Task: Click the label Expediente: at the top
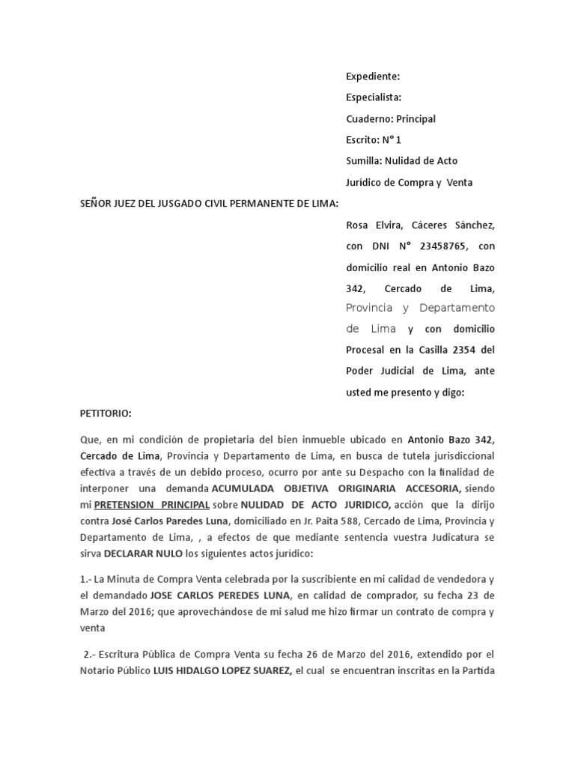[x=373, y=76]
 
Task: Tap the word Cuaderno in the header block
[x=368, y=118]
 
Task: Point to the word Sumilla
[x=363, y=160]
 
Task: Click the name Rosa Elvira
[x=378, y=225]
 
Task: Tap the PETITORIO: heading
[x=106, y=413]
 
